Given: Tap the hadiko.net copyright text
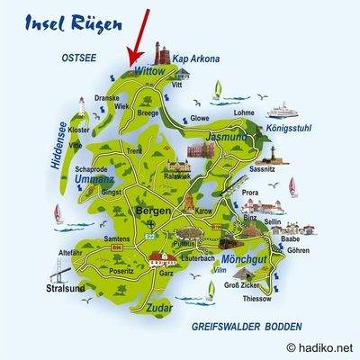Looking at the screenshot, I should point(320,347).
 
